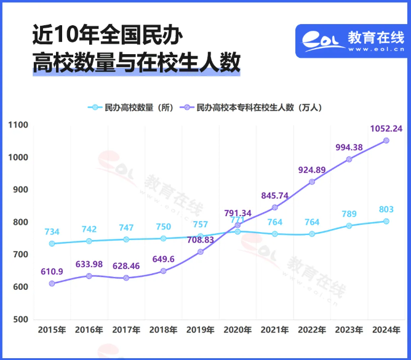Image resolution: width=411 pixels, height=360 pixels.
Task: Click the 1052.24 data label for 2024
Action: (386, 129)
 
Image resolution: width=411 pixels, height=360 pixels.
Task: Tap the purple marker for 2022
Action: (312, 182)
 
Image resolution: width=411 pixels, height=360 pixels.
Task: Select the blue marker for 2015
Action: (52, 244)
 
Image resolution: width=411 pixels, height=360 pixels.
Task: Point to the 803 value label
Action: (386, 210)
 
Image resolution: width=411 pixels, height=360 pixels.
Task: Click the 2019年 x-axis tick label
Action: (200, 330)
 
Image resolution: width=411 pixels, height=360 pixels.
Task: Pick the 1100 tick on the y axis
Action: (18, 125)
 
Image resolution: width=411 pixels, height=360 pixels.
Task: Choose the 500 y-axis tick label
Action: (21, 319)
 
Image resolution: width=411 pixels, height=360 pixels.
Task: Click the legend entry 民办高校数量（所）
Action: (130, 107)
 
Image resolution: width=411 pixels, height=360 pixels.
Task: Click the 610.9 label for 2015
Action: (52, 271)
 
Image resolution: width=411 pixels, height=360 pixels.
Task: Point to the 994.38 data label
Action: (349, 147)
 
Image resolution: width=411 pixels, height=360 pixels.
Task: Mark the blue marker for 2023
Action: (349, 226)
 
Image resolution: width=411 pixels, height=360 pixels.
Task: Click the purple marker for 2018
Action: (163, 271)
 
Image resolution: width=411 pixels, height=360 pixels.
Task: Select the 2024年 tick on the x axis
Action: (386, 330)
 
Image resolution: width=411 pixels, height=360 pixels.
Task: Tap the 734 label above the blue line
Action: (52, 232)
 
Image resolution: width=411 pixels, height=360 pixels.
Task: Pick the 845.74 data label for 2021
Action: (274, 195)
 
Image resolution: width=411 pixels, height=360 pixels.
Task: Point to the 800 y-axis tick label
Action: (21, 222)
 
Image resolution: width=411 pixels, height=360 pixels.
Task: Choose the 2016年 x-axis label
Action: (89, 330)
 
